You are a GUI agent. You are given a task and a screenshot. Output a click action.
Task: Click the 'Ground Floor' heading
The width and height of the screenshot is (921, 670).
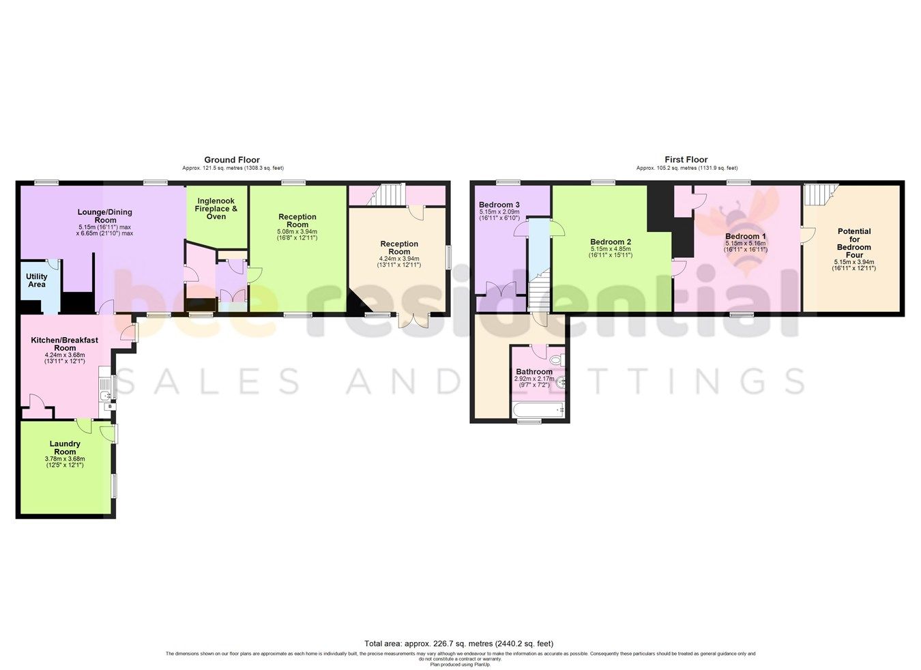232,160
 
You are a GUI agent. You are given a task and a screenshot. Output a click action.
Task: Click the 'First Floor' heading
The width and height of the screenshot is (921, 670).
686,160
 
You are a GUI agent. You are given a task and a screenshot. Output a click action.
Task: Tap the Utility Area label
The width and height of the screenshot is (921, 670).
37,280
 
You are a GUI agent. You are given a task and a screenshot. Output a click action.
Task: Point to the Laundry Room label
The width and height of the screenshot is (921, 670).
65,448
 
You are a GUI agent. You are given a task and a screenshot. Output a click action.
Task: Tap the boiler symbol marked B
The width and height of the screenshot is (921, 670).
109,407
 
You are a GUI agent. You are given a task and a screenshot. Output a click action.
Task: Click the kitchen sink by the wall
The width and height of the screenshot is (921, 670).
105,394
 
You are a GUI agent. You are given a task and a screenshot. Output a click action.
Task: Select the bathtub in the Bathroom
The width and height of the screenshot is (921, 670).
538,409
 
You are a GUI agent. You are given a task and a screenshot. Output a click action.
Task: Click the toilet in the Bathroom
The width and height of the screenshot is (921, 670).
555,359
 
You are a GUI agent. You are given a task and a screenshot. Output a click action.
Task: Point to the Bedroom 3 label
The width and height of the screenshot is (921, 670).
499,205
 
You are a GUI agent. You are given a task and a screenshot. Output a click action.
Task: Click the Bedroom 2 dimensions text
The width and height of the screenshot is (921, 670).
611,252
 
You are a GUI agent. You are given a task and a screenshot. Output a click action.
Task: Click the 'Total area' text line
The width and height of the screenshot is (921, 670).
458,643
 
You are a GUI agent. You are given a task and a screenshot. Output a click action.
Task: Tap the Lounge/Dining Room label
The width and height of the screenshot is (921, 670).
105,216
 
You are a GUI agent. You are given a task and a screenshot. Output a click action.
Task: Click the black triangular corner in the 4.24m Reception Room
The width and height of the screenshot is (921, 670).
355,303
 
